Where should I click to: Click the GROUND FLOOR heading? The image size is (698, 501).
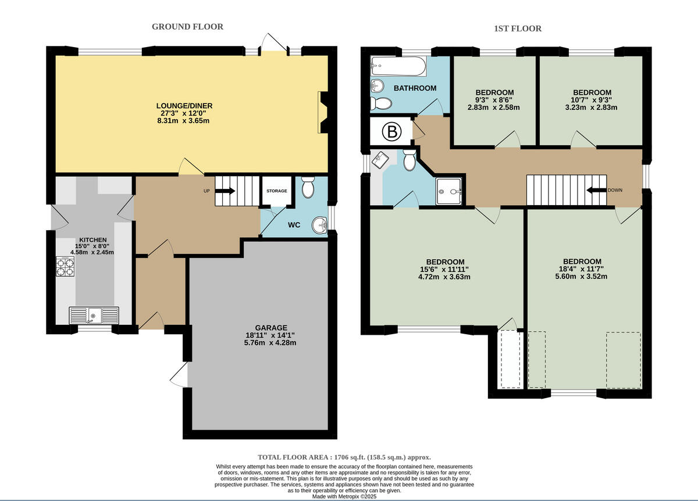click(x=187, y=27)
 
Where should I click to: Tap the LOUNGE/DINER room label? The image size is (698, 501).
click(x=184, y=106)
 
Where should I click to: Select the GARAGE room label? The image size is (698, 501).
click(x=270, y=328)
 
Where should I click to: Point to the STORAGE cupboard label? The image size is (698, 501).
click(x=277, y=191)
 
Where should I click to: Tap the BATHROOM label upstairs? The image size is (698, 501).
click(x=415, y=88)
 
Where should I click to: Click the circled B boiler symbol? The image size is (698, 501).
click(x=392, y=133)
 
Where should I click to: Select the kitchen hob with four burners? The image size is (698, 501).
click(x=65, y=266)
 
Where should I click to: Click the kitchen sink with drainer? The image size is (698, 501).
click(x=94, y=316)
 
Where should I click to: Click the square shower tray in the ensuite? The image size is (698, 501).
click(x=451, y=191)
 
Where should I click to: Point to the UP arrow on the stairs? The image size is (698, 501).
click(x=226, y=191)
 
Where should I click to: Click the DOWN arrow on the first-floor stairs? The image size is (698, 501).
click(x=596, y=190)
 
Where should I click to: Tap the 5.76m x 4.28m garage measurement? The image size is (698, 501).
click(x=270, y=343)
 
